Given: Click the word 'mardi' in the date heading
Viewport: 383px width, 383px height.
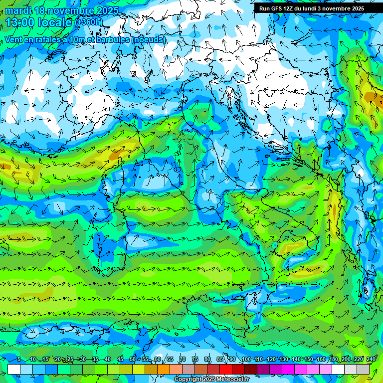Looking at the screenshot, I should pyautogui.click(x=18, y=10).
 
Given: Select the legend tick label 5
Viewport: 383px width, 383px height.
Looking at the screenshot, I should pyautogui.click(x=19, y=360).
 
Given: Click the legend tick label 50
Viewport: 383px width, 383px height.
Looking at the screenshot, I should pyautogui.click(x=133, y=360).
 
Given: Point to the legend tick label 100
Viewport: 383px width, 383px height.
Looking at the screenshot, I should pyautogui.click(x=246, y=360).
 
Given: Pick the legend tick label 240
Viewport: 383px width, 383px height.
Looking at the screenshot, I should pyautogui.click(x=371, y=360).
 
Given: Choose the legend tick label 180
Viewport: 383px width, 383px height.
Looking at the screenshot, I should pyautogui.click(x=333, y=360).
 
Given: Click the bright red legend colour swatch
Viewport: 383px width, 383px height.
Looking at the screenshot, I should pyautogui.click(x=226, y=370).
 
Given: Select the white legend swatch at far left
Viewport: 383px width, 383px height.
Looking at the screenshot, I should pyautogui.click(x=14, y=370).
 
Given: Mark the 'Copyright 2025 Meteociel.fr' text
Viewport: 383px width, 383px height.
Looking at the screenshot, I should pyautogui.click(x=211, y=380).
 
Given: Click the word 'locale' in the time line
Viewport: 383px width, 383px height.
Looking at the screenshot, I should pyautogui.click(x=56, y=22).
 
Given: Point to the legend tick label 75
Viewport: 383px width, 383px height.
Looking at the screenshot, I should pyautogui.click(x=195, y=360).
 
